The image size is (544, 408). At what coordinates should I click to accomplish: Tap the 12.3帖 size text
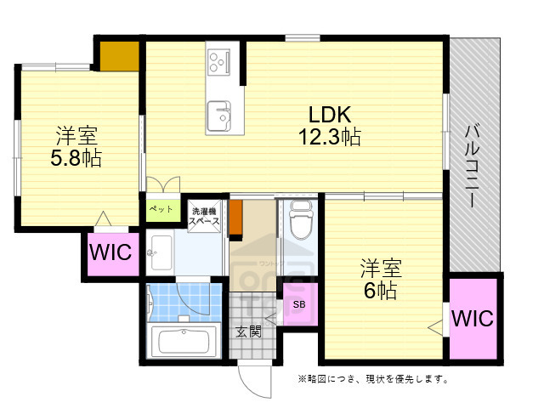[330, 136]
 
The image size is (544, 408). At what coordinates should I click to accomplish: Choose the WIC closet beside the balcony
[473, 319]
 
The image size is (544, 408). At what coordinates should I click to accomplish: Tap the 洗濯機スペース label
[205, 216]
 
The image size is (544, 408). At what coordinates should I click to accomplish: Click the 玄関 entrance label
[248, 331]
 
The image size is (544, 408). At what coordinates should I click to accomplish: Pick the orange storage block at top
[119, 55]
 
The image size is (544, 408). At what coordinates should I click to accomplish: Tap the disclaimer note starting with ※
[372, 379]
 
